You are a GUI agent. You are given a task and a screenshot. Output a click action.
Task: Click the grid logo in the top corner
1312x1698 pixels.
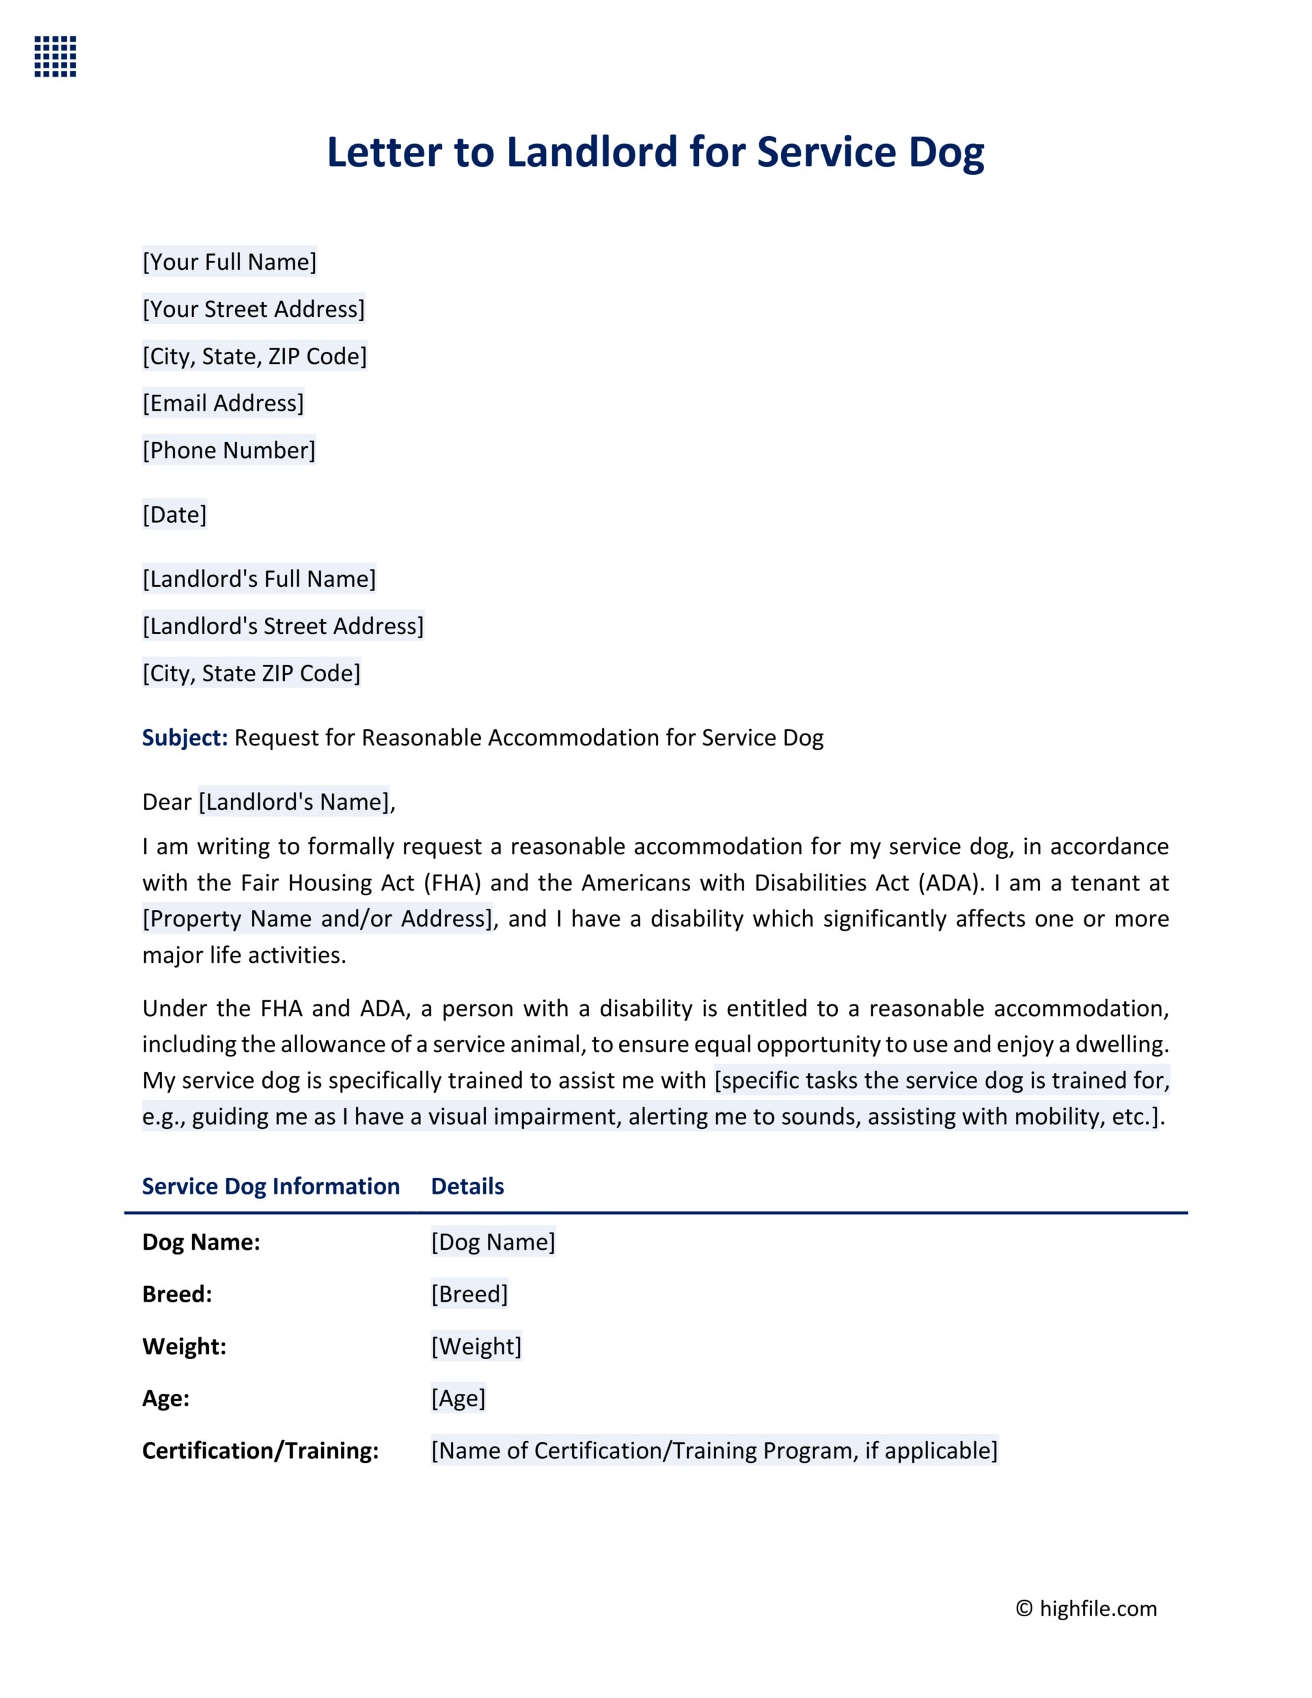(x=55, y=56)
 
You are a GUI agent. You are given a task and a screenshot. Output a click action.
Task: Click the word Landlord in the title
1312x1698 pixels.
(x=592, y=152)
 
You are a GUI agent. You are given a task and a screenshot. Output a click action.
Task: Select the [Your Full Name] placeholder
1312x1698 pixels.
(x=230, y=262)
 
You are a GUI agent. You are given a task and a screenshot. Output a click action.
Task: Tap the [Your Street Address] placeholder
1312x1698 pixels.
(x=254, y=310)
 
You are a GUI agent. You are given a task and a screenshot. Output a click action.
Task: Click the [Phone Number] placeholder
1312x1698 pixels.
(x=229, y=450)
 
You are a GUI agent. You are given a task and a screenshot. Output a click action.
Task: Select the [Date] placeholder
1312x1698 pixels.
(x=174, y=515)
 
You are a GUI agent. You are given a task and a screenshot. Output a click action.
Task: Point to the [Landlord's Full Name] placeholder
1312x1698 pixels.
(x=259, y=579)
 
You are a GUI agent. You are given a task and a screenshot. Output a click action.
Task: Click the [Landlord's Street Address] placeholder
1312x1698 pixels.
(x=283, y=626)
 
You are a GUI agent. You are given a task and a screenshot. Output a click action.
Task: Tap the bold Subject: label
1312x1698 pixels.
(x=184, y=738)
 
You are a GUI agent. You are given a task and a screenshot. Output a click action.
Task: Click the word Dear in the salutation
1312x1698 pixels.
(x=167, y=802)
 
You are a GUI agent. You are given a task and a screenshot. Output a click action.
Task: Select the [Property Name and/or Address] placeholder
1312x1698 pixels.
(x=317, y=919)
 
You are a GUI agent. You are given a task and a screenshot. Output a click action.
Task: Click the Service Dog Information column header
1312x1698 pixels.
(x=271, y=1186)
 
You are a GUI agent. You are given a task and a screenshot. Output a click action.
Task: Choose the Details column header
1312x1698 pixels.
(x=467, y=1186)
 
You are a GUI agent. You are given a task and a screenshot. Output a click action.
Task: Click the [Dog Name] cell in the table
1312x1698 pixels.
(x=493, y=1242)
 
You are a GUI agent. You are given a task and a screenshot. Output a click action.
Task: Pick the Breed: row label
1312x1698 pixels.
(x=177, y=1294)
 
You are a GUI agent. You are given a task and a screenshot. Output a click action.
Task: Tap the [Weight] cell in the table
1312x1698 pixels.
(x=476, y=1347)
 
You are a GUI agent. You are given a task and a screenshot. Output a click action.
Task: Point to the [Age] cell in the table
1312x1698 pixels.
(x=458, y=1399)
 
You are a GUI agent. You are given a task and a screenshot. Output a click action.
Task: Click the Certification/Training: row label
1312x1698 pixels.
(x=260, y=1451)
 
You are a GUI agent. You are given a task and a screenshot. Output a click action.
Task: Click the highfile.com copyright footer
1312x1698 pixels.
(x=1086, y=1608)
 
